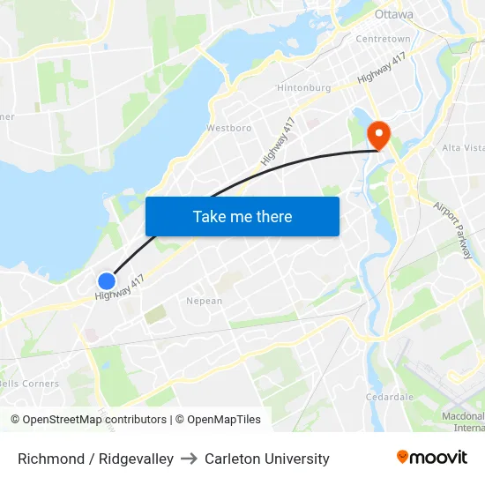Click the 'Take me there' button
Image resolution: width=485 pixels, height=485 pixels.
(x=242, y=216)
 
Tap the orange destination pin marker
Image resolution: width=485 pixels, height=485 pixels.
(x=378, y=134)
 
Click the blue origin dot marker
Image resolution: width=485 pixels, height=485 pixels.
(x=106, y=280)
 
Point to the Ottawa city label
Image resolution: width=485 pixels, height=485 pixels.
(x=393, y=15)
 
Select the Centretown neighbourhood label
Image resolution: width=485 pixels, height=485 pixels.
(x=383, y=39)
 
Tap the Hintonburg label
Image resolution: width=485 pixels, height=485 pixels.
(x=303, y=88)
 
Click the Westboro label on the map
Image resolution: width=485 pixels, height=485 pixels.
(x=228, y=128)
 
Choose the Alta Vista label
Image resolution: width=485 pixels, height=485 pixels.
(x=462, y=147)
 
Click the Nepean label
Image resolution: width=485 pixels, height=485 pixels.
(x=204, y=301)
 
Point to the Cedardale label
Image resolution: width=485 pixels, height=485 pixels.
(x=390, y=397)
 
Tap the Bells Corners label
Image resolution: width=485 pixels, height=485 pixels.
(x=29, y=384)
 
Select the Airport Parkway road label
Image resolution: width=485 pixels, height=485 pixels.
(x=453, y=229)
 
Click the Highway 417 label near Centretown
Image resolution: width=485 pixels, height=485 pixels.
(x=382, y=69)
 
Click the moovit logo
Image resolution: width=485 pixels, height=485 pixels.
(x=431, y=457)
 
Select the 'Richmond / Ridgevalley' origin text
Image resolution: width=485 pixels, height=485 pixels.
(x=95, y=459)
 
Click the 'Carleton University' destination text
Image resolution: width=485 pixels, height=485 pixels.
(x=267, y=459)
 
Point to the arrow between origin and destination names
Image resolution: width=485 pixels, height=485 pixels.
(x=189, y=459)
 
